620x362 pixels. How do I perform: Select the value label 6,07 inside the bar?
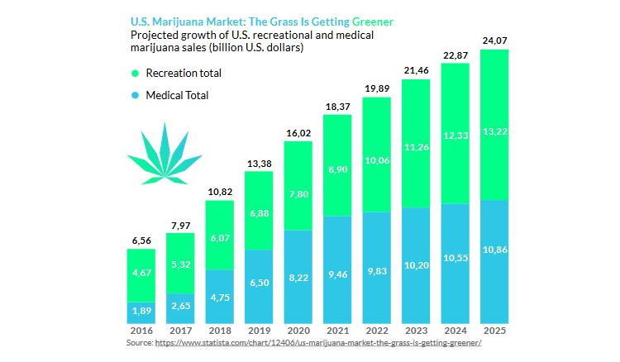[220, 238]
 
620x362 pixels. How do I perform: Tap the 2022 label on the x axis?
[376, 331]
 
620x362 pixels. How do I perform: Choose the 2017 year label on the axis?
[181, 331]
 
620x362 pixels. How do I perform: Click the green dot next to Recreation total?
[136, 73]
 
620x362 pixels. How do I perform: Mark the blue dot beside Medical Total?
[136, 95]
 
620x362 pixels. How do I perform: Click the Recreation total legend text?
[184, 73]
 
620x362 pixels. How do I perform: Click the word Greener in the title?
[373, 21]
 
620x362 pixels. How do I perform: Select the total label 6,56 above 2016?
[141, 241]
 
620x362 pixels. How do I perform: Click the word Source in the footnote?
[139, 341]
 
